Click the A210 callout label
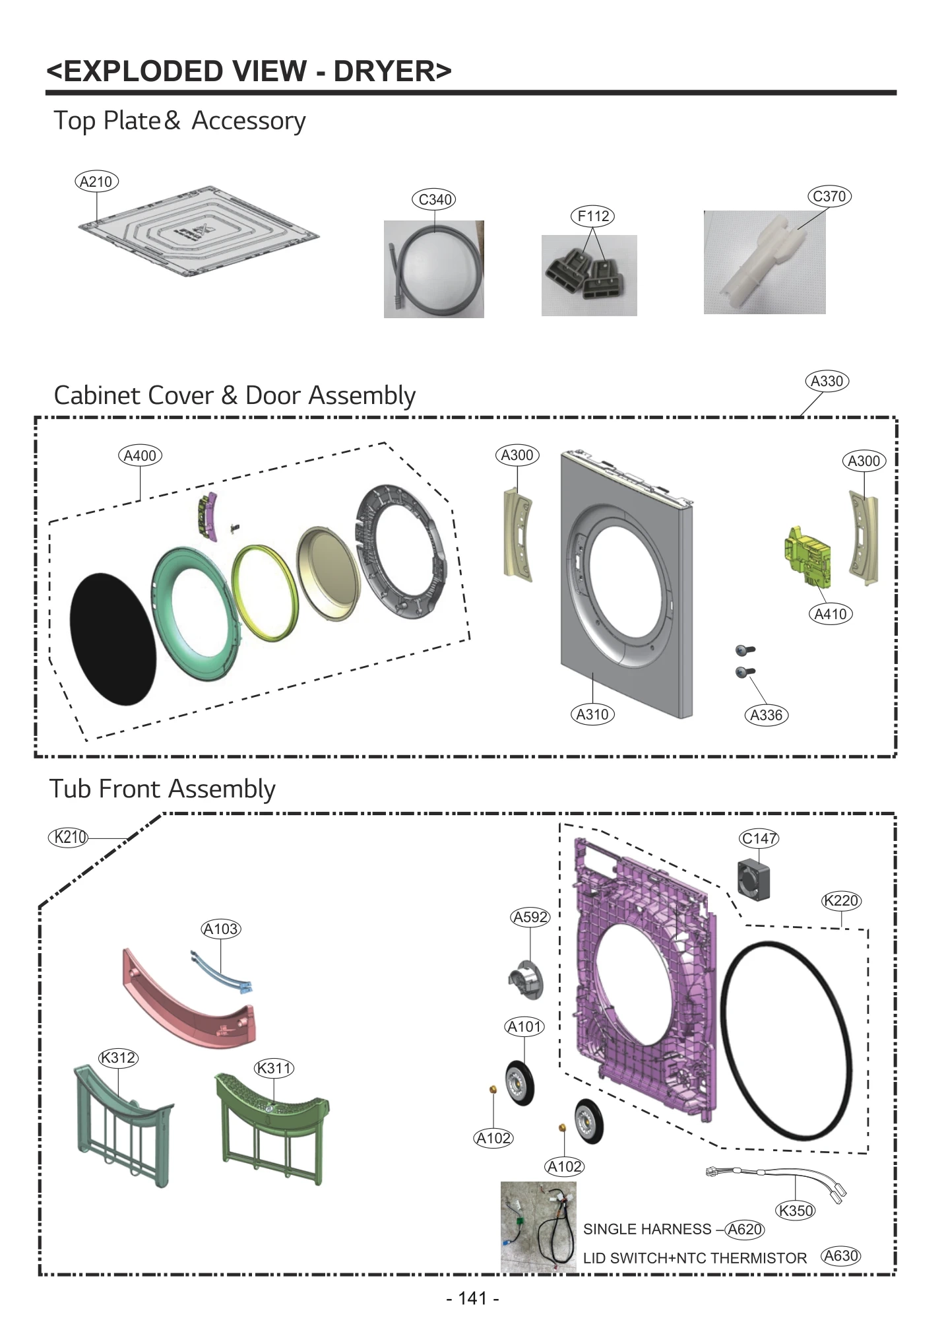(96, 182)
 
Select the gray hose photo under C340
(433, 269)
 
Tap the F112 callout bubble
(592, 216)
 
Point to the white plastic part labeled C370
(765, 261)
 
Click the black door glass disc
(113, 638)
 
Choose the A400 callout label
(140, 455)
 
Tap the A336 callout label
(766, 715)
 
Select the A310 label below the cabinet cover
(592, 714)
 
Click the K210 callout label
(69, 837)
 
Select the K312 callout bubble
(118, 1057)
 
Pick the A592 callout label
(530, 917)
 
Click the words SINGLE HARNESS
(646, 1229)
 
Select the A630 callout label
(841, 1255)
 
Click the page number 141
(472, 1298)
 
